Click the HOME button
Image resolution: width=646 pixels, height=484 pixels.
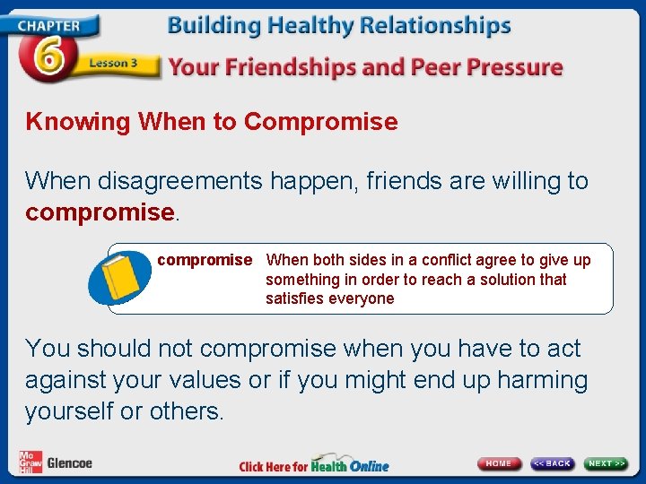pyautogui.click(x=499, y=463)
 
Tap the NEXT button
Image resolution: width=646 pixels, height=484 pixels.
pyautogui.click(x=607, y=463)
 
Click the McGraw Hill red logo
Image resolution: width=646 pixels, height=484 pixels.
pyautogui.click(x=31, y=462)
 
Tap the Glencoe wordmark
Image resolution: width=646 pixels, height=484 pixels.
pyautogui.click(x=70, y=463)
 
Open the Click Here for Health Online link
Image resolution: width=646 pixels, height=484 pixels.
pyautogui.click(x=314, y=466)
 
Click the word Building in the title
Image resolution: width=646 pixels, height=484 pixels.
pyautogui.click(x=210, y=26)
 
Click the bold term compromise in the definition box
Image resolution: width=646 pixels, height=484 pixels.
pyautogui.click(x=205, y=260)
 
